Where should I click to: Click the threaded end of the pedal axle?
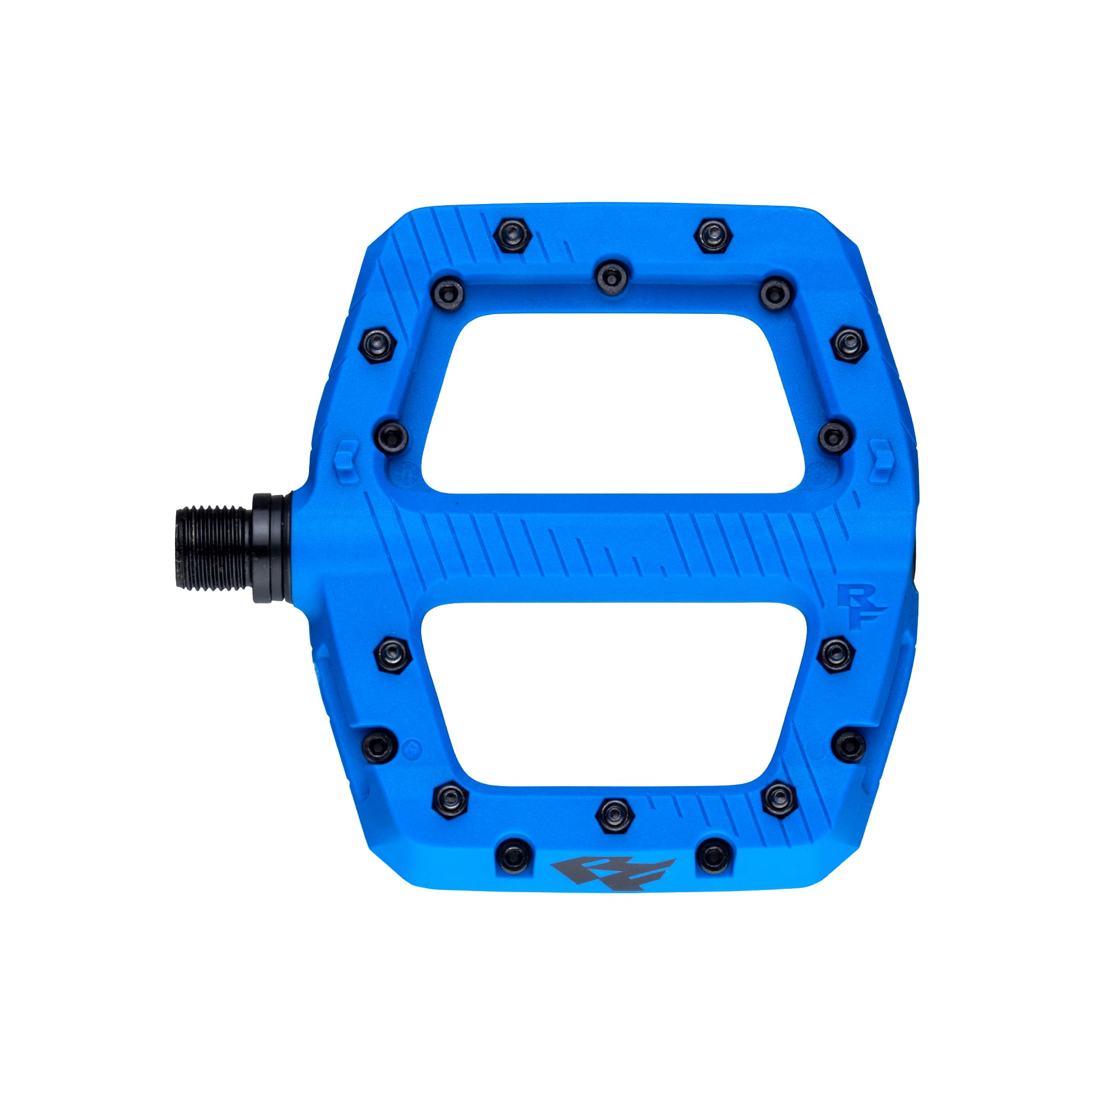(x=212, y=548)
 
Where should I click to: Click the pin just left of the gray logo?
(x=513, y=869)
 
